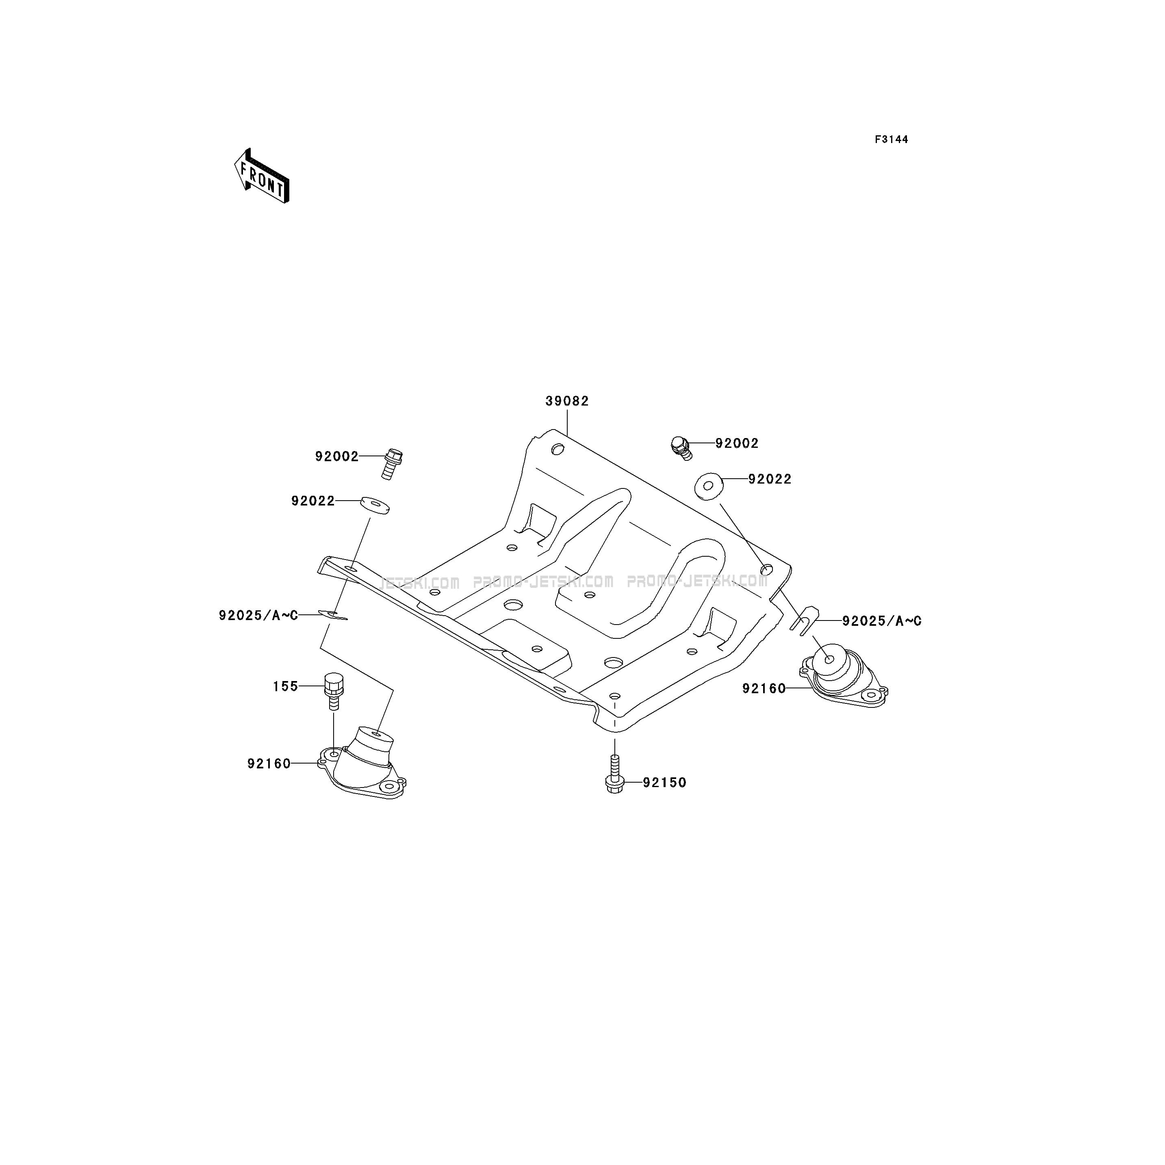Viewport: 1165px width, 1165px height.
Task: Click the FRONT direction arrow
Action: (x=262, y=176)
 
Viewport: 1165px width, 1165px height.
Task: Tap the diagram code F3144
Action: (x=891, y=139)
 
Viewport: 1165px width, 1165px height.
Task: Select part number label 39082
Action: (x=567, y=401)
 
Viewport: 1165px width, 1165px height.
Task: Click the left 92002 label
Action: (x=336, y=456)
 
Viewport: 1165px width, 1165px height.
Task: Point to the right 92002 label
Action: (x=737, y=443)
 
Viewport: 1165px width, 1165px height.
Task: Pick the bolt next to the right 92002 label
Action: (x=681, y=447)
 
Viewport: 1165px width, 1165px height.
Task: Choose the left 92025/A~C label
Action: (x=258, y=616)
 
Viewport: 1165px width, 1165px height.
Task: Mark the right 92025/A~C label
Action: (x=882, y=620)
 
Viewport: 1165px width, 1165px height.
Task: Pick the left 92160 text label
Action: (x=269, y=764)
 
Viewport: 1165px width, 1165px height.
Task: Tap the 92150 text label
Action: (x=664, y=783)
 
